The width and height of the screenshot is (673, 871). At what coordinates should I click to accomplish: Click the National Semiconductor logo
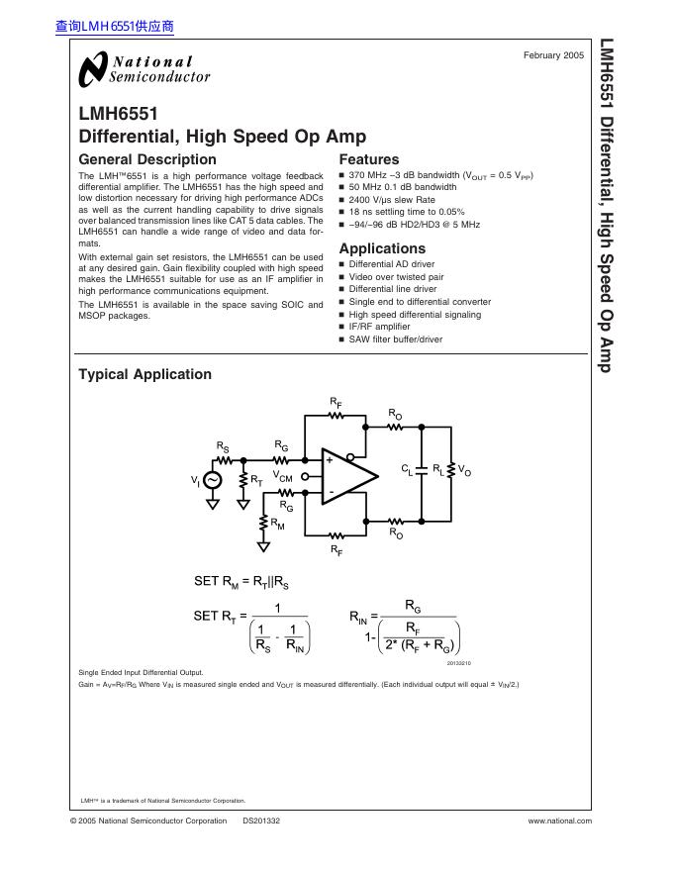click(144, 69)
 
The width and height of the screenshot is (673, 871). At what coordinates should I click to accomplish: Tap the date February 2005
click(553, 55)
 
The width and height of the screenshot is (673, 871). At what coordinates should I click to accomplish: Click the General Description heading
click(146, 159)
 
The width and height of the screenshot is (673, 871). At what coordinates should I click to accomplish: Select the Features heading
click(368, 159)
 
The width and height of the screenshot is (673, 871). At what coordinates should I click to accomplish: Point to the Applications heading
click(382, 248)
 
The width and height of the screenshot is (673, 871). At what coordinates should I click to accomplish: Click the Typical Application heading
click(144, 374)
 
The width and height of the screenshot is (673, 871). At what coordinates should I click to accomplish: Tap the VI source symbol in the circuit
click(213, 480)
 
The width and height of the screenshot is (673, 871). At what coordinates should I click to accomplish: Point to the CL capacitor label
click(407, 468)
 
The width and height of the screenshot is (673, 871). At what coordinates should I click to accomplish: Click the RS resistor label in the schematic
click(223, 447)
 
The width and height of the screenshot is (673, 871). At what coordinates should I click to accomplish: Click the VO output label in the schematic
click(466, 472)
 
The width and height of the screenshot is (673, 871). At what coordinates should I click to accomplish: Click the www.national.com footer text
click(559, 821)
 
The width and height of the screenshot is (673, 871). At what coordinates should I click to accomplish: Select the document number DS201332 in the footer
click(261, 821)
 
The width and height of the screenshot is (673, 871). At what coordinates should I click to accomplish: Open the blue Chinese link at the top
click(115, 27)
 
